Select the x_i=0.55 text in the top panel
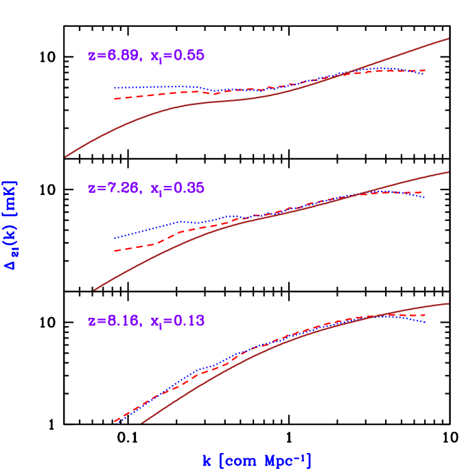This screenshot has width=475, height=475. point(177,56)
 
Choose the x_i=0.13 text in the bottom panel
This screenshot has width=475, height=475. point(177,321)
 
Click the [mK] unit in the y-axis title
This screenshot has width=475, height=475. point(11,196)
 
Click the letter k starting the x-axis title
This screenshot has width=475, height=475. point(207,461)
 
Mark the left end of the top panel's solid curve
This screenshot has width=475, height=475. point(65,157)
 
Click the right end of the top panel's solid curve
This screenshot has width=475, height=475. point(448,38)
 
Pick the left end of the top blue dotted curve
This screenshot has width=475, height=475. point(114,88)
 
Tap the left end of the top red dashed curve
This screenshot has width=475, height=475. point(114,99)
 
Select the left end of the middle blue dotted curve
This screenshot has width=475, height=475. point(114,238)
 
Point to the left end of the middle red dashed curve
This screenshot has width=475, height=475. point(114,251)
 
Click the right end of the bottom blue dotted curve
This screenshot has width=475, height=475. point(426,322)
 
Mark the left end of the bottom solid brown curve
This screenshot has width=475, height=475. point(142,424)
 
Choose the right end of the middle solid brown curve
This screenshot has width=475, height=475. point(448,172)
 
